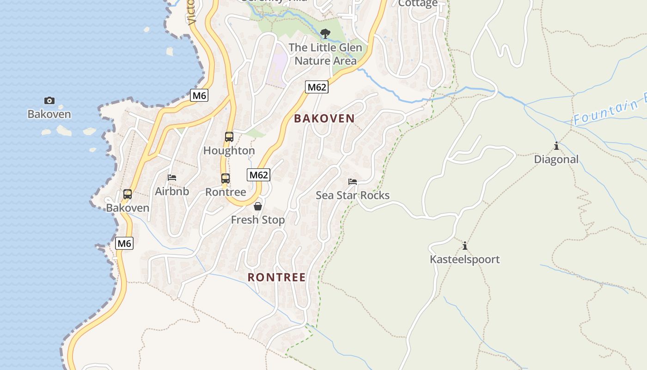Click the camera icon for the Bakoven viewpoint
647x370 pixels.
49,100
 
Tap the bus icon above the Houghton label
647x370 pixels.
229,136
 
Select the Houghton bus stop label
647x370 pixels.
229,151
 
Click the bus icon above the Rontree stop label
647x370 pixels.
225,179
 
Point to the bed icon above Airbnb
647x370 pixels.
172,178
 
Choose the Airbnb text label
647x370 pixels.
172,191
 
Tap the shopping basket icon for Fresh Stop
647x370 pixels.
258,206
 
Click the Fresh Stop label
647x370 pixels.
258,220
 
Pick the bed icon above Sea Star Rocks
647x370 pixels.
353,182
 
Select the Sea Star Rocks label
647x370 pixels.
353,195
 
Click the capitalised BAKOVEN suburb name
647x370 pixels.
324,118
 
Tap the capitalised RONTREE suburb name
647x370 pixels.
277,277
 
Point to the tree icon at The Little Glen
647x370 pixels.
325,33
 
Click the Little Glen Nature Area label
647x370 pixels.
325,54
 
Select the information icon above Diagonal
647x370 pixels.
556,147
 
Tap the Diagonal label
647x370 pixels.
556,160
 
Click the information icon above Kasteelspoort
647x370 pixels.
465,246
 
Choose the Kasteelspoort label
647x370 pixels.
465,259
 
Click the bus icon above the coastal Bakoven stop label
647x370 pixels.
128,194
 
